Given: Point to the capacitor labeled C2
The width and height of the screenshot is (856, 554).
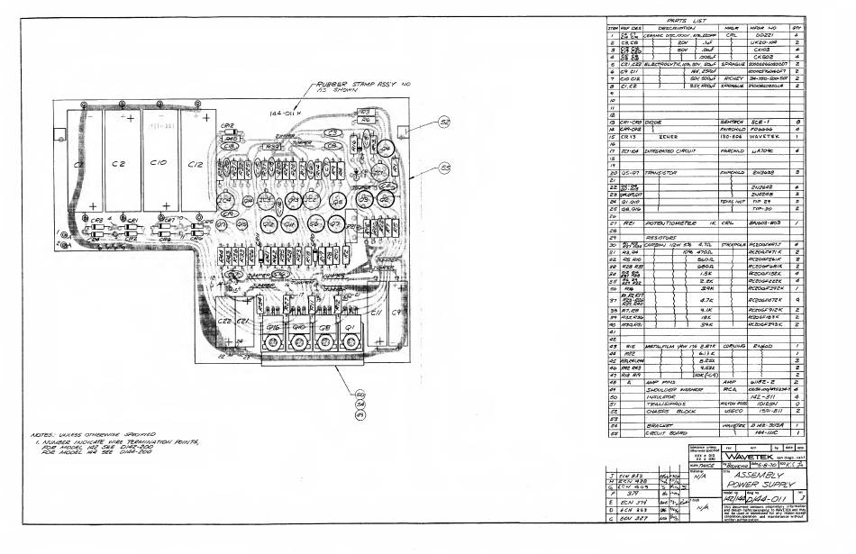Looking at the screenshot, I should pyautogui.click(x=118, y=165).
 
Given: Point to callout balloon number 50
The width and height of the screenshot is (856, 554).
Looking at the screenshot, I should pyautogui.click(x=360, y=395).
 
